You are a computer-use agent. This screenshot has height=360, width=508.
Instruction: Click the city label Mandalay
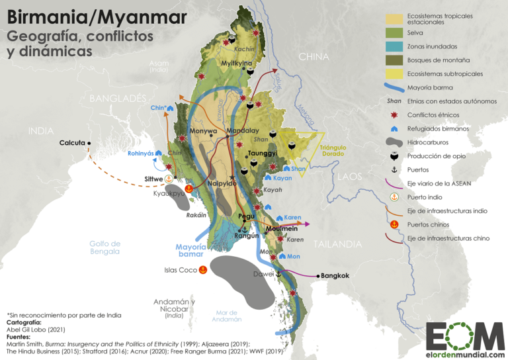(x=242, y=130)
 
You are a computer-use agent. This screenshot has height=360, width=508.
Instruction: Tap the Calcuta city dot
(x=89, y=142)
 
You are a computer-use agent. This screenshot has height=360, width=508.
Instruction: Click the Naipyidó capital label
(x=222, y=183)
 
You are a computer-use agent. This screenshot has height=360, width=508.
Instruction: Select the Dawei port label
(x=263, y=273)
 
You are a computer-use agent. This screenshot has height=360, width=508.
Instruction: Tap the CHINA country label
(x=314, y=57)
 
